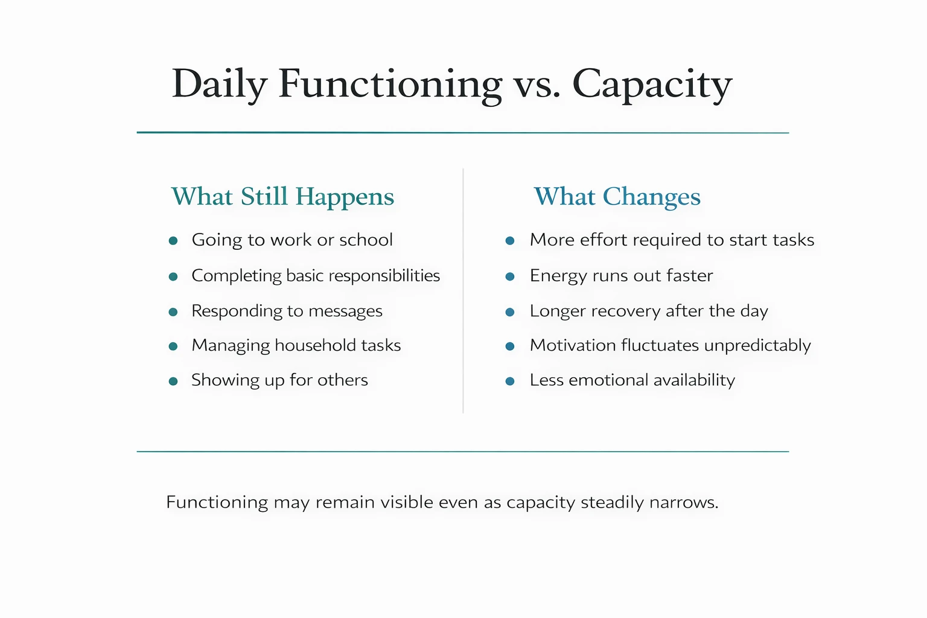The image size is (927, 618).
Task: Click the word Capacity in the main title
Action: coord(652,84)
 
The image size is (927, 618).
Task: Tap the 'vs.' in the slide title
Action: coord(537,84)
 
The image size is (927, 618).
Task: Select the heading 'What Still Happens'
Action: coord(282,197)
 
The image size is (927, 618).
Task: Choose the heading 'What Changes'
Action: coord(617,197)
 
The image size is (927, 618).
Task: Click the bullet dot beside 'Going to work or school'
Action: coord(173,241)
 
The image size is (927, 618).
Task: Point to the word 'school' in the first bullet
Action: coord(366,240)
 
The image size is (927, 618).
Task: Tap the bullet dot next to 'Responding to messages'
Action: coord(173,312)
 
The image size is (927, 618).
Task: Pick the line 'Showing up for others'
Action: coord(279,380)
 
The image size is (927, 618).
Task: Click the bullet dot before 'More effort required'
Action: coord(510,241)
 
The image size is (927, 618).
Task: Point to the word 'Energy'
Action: coord(558,276)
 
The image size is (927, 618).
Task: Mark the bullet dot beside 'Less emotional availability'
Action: coord(510,381)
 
